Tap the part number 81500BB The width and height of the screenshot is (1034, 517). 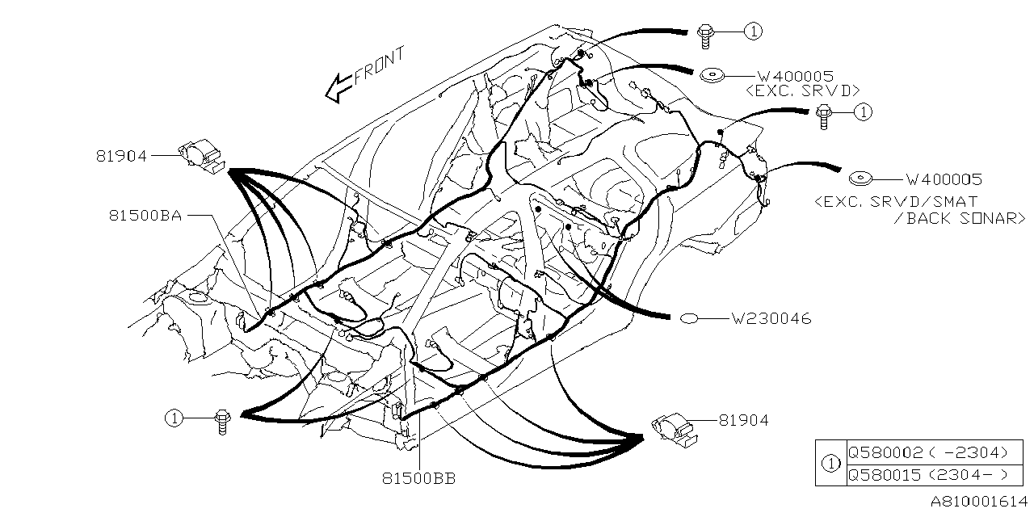point(419,478)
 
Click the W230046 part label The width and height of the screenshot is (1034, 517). point(771,319)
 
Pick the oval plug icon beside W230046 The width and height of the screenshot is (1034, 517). point(691,318)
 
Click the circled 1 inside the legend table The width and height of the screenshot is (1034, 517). point(830,464)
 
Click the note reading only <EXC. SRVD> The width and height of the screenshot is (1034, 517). point(802,90)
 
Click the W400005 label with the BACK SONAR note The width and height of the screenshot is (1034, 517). point(943,180)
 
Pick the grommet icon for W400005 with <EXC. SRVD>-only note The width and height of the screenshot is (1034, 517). point(712,75)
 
